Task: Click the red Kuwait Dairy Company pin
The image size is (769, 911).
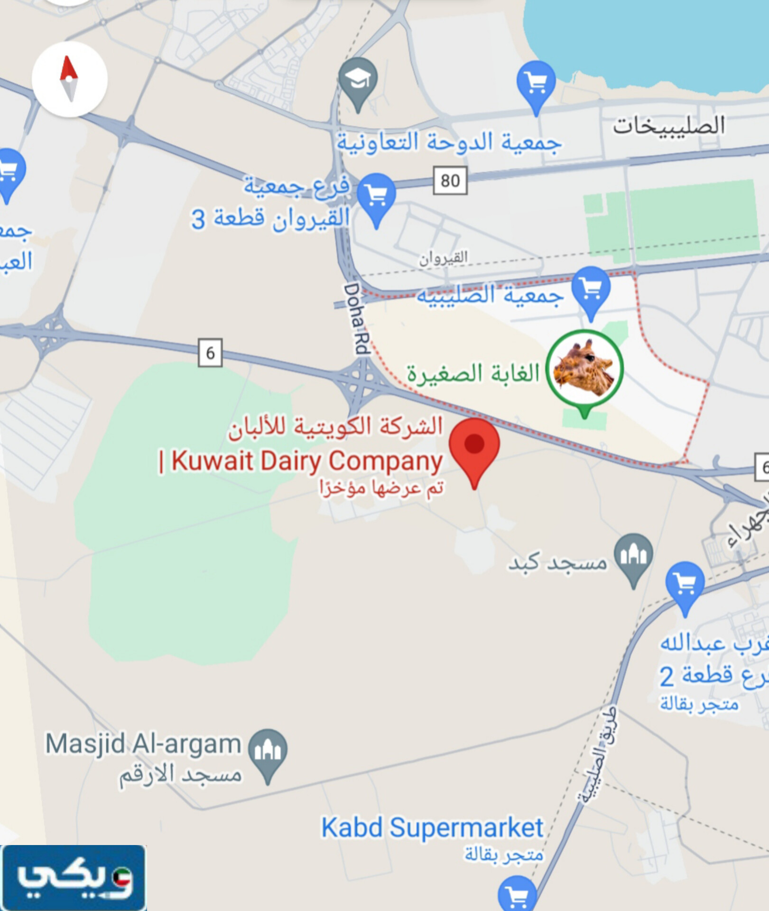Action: pyautogui.click(x=474, y=448)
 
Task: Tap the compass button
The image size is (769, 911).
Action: pyautogui.click(x=69, y=79)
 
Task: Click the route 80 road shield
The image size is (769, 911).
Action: pyautogui.click(x=450, y=180)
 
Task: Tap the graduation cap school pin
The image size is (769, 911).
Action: pyautogui.click(x=358, y=81)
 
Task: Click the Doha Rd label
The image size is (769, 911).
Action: pyautogui.click(x=356, y=319)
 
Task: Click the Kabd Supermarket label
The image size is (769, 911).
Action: pyautogui.click(x=432, y=828)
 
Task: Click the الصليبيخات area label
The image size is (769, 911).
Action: pyautogui.click(x=668, y=126)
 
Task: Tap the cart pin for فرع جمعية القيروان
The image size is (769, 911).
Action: pyautogui.click(x=377, y=196)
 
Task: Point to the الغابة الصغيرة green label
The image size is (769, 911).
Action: pyautogui.click(x=473, y=374)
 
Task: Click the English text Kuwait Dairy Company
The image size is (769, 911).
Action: pyautogui.click(x=306, y=461)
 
